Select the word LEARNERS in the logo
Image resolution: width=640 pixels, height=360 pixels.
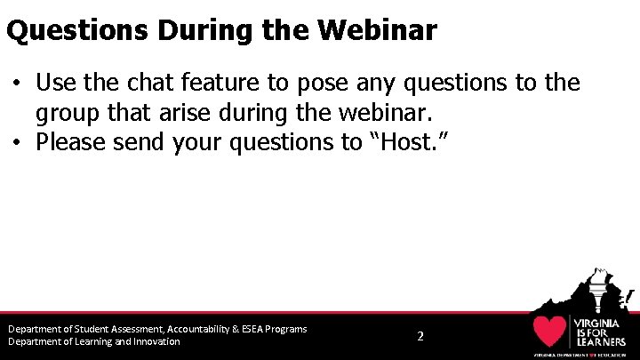[603, 340]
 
